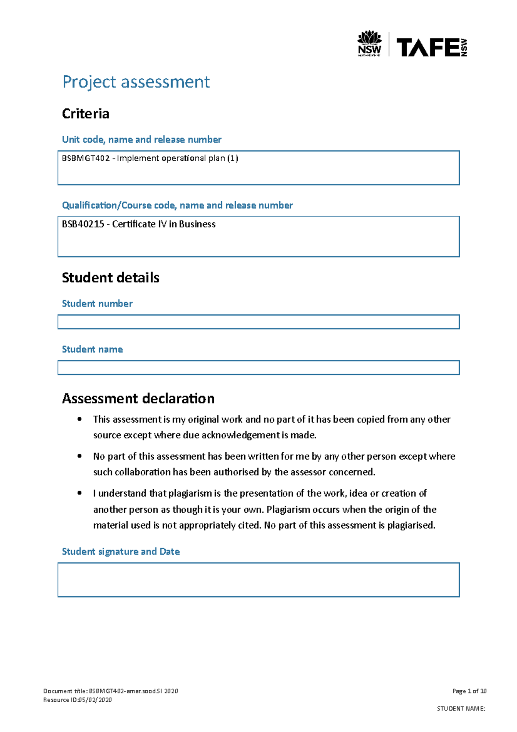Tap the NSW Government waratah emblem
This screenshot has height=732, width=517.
tap(369, 38)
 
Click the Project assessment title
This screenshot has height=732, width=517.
tap(136, 82)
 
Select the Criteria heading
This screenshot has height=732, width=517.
tap(86, 114)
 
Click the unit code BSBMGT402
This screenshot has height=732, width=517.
tap(86, 158)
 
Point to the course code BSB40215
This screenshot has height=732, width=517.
tap(83, 224)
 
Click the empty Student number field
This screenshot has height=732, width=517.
tap(258, 322)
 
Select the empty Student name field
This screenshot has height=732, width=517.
tap(258, 368)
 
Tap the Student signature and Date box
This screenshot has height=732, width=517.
tap(258, 580)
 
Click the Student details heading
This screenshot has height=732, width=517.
tap(111, 278)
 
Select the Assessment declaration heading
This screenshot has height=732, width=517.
tap(138, 398)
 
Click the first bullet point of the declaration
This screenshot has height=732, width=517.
tap(79, 419)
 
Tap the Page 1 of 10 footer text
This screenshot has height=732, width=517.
tap(469, 691)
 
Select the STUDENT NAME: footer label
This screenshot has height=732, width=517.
tap(461, 708)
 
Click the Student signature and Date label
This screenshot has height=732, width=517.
tap(121, 551)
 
